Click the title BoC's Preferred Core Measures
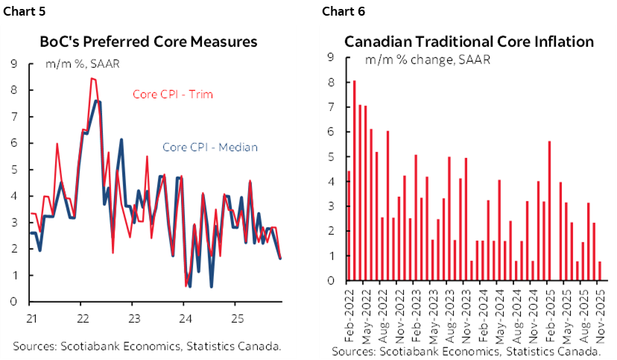[x=148, y=42]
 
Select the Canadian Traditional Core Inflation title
[x=469, y=42]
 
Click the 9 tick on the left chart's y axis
[x=14, y=64]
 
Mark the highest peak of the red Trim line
[x=92, y=79]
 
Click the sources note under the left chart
[x=146, y=346]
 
